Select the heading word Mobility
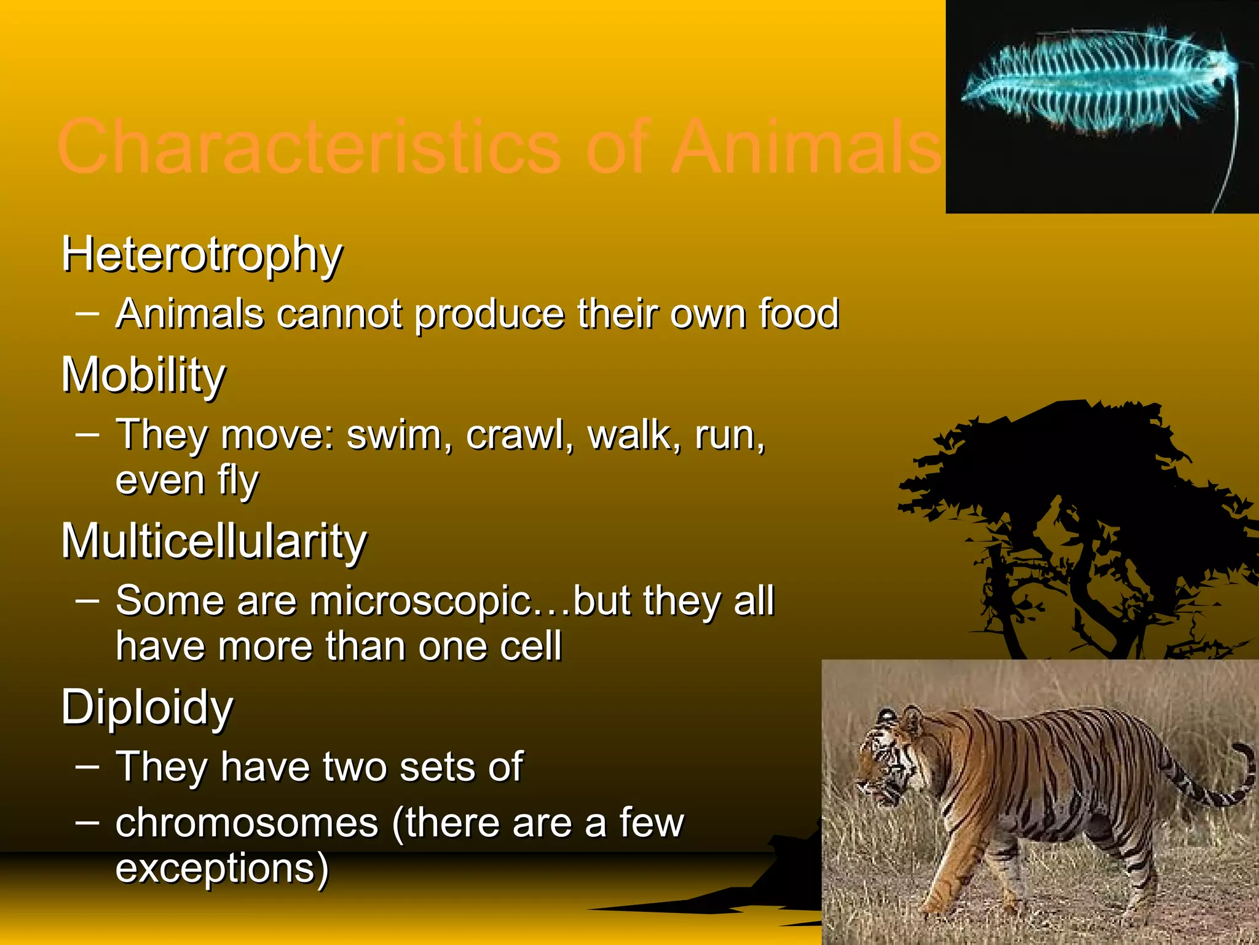click(x=143, y=375)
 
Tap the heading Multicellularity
click(x=213, y=541)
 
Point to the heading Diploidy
click(x=147, y=708)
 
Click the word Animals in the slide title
click(x=806, y=148)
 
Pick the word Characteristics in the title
click(x=308, y=148)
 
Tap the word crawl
click(x=518, y=435)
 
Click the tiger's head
click(x=888, y=760)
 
